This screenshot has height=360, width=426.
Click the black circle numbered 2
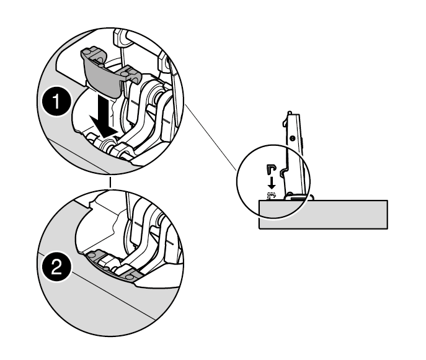tap(56, 268)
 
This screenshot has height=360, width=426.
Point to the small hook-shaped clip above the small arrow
tap(272, 169)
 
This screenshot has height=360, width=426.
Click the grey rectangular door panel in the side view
tap(347, 214)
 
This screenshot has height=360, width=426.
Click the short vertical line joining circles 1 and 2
tap(110, 182)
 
